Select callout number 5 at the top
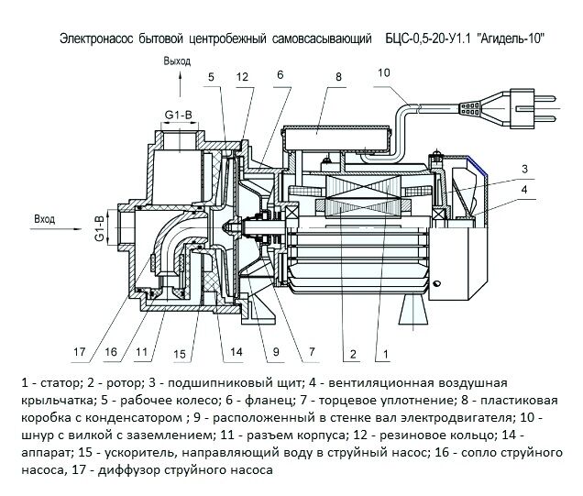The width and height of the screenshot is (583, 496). tap(210, 78)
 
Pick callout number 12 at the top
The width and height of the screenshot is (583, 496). tap(242, 78)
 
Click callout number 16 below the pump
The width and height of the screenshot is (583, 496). tap(111, 349)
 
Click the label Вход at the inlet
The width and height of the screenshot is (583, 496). tap(45, 220)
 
